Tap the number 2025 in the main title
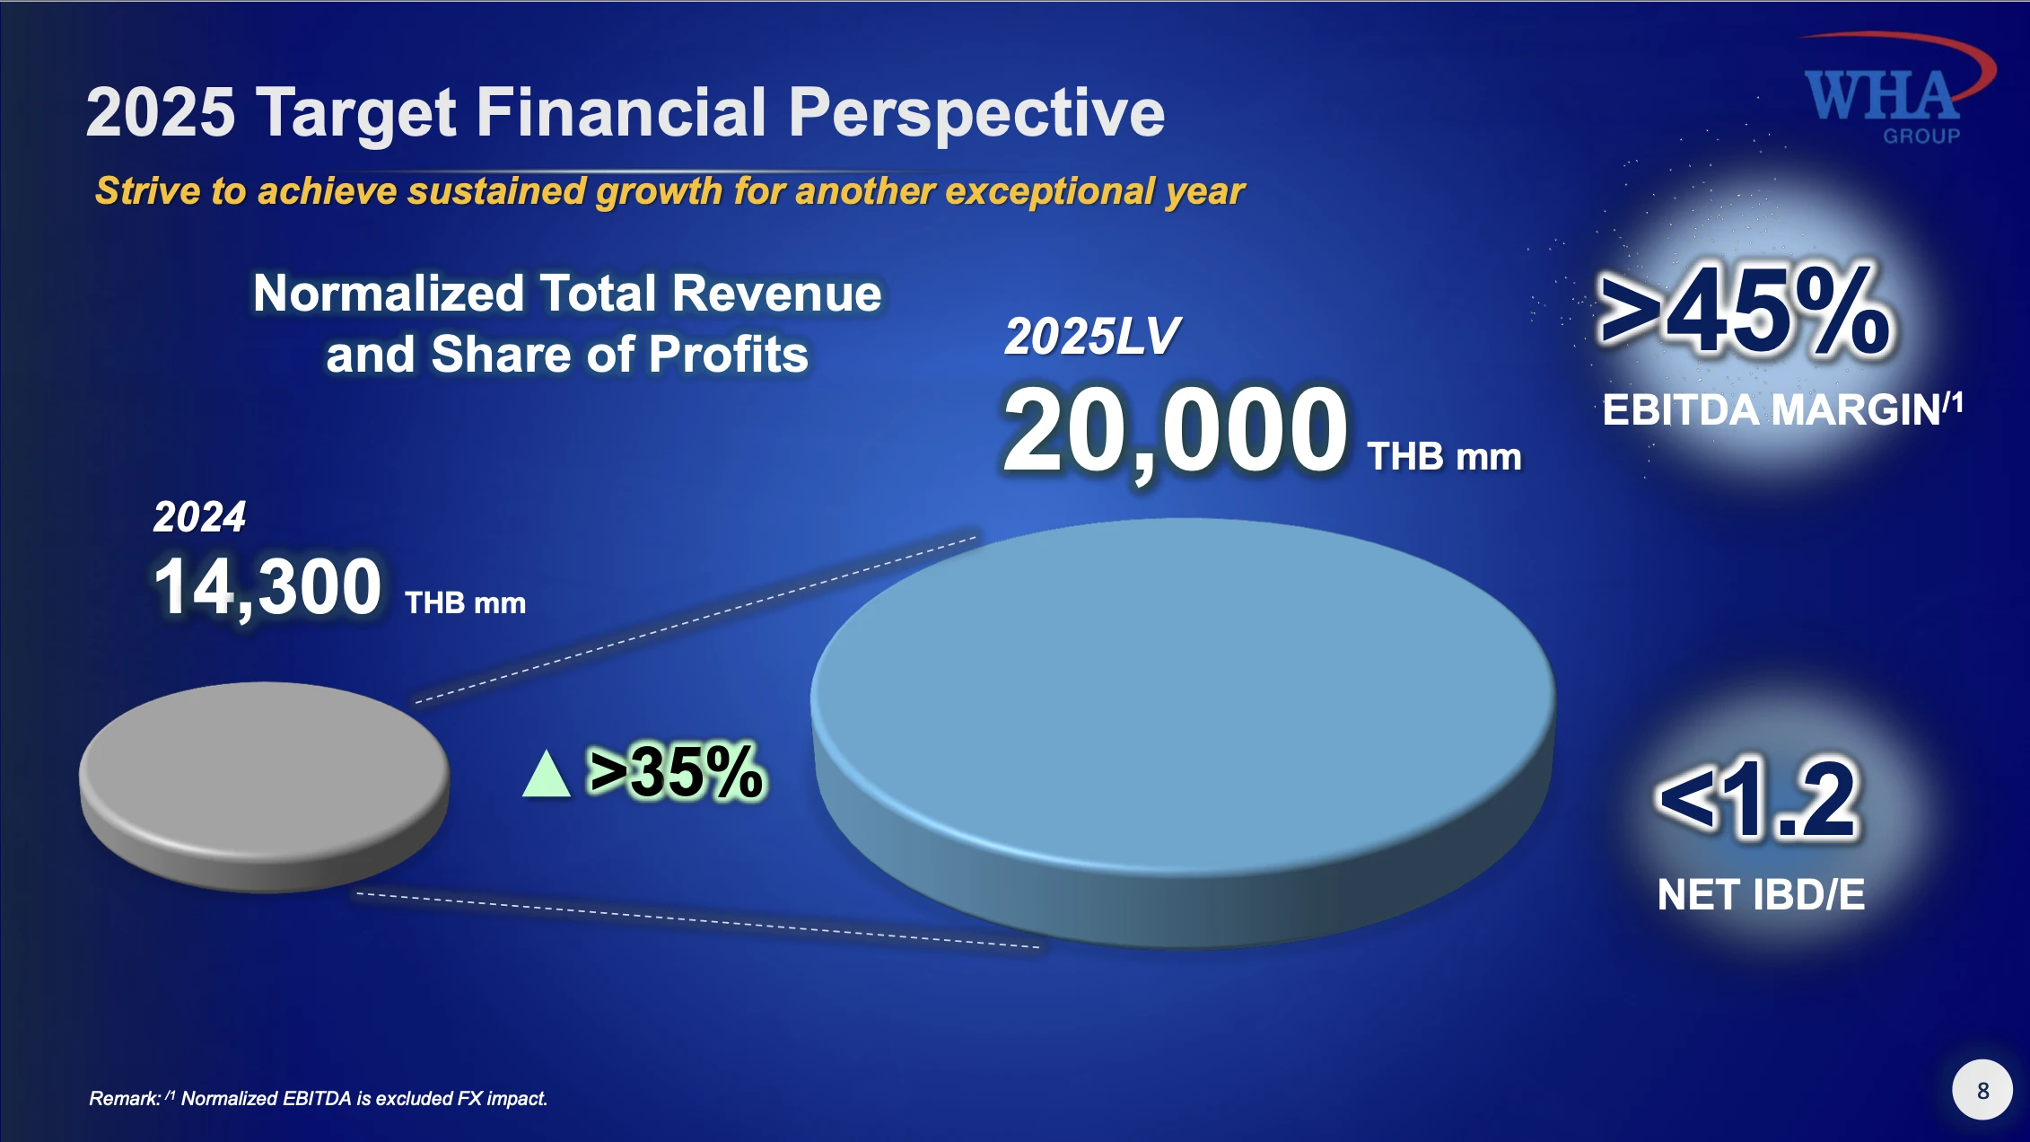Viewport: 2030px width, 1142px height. tap(161, 112)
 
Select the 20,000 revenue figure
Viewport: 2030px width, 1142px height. tap(1176, 430)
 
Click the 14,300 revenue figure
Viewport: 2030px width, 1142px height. tap(267, 587)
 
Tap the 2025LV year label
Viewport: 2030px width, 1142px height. tap(1092, 337)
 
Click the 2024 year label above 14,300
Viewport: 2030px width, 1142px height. tap(199, 517)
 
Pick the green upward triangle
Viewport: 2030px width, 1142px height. tap(547, 774)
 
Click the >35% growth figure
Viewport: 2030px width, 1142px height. tap(675, 771)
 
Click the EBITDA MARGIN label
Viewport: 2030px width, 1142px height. tap(1782, 409)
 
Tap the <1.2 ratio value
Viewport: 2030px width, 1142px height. tap(1759, 798)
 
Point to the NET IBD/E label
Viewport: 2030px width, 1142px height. tap(1761, 894)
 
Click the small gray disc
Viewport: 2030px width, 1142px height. tap(265, 787)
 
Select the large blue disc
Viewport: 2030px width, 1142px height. tap(1183, 733)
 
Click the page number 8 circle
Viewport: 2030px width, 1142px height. tap(1982, 1090)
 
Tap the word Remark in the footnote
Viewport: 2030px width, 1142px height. tap(125, 1098)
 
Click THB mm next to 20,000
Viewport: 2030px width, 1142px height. tap(1444, 457)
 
